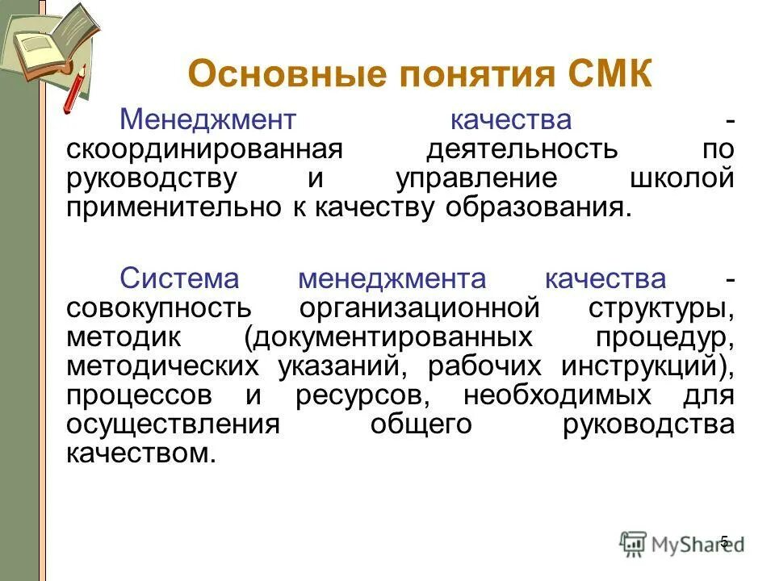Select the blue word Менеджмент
[x=208, y=121]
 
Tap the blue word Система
[x=179, y=279]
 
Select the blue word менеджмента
[x=392, y=279]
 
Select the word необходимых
[x=557, y=395]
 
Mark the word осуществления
[x=173, y=424]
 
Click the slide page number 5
[x=724, y=541]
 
